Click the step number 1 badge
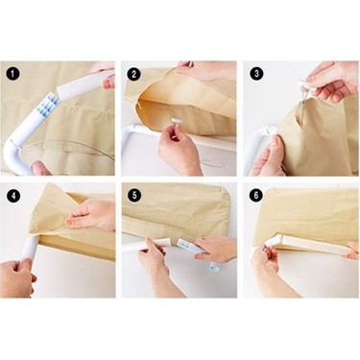(12, 74)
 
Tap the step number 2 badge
(134, 74)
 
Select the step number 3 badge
(256, 74)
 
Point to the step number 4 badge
(12, 196)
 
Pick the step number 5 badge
(134, 195)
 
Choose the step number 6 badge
(256, 195)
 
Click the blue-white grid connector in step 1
(48, 103)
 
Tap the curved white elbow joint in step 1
(19, 156)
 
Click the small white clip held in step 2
(177, 120)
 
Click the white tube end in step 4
(30, 248)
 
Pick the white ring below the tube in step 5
(214, 267)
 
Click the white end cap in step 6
(273, 241)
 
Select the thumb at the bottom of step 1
(42, 168)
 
